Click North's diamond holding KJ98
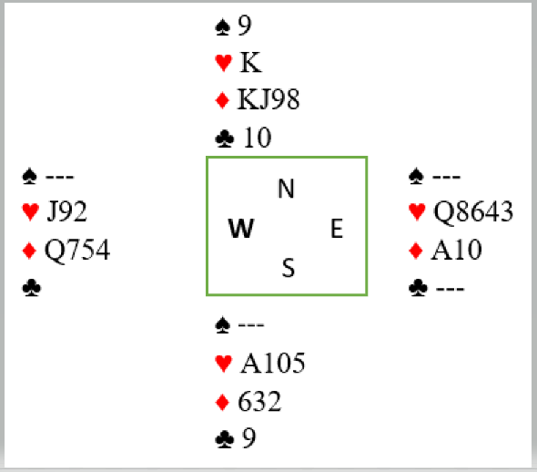coord(268,99)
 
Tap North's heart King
coord(250,62)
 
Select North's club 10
coord(258,138)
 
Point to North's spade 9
coord(245,26)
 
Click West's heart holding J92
coord(66,211)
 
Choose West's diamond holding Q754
coord(77,250)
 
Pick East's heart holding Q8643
coord(473,211)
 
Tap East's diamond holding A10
coord(457,250)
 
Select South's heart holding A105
coord(273,363)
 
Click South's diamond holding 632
coord(259,402)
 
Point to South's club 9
coord(249,438)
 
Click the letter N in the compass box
coord(286,189)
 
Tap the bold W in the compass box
coord(241,229)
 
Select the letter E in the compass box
coord(337,229)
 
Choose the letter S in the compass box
coord(289,268)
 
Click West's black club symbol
coord(32,288)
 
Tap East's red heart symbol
coord(417,211)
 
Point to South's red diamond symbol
coord(223,403)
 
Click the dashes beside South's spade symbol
coord(251,324)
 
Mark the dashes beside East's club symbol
coord(450,289)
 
